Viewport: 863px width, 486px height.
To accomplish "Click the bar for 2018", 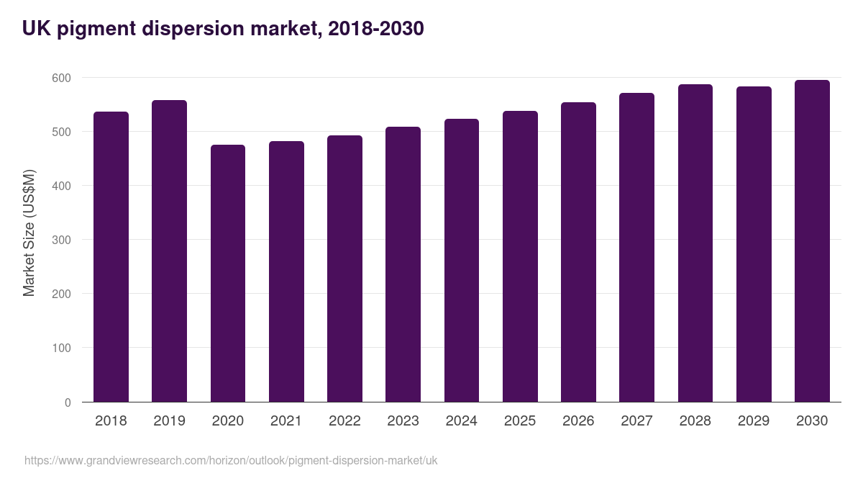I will pos(111,257).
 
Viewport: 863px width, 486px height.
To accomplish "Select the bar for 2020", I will pos(228,274).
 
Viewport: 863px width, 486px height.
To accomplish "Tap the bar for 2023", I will pos(403,264).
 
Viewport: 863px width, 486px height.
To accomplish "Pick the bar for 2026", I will pos(578,252).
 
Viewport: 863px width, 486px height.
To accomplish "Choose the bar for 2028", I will pos(695,243).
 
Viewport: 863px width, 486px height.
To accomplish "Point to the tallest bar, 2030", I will pos(812,241).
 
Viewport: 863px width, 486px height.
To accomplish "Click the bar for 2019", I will pos(169,251).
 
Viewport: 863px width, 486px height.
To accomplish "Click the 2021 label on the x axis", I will pos(286,420).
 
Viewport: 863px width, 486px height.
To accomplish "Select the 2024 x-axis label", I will pos(461,420).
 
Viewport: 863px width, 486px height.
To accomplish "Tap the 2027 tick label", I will pos(636,420).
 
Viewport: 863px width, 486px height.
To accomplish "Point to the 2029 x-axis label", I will pos(754,420).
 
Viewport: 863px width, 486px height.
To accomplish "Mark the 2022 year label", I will pos(344,420).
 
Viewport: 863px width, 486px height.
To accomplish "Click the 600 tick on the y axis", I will pos(62,78).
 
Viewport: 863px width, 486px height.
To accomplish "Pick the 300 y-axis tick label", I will pos(62,240).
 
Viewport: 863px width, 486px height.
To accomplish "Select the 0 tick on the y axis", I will pos(68,402).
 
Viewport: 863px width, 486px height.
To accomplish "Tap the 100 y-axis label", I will pos(62,348).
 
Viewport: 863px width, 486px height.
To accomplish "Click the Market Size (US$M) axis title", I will pos(29,233).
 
